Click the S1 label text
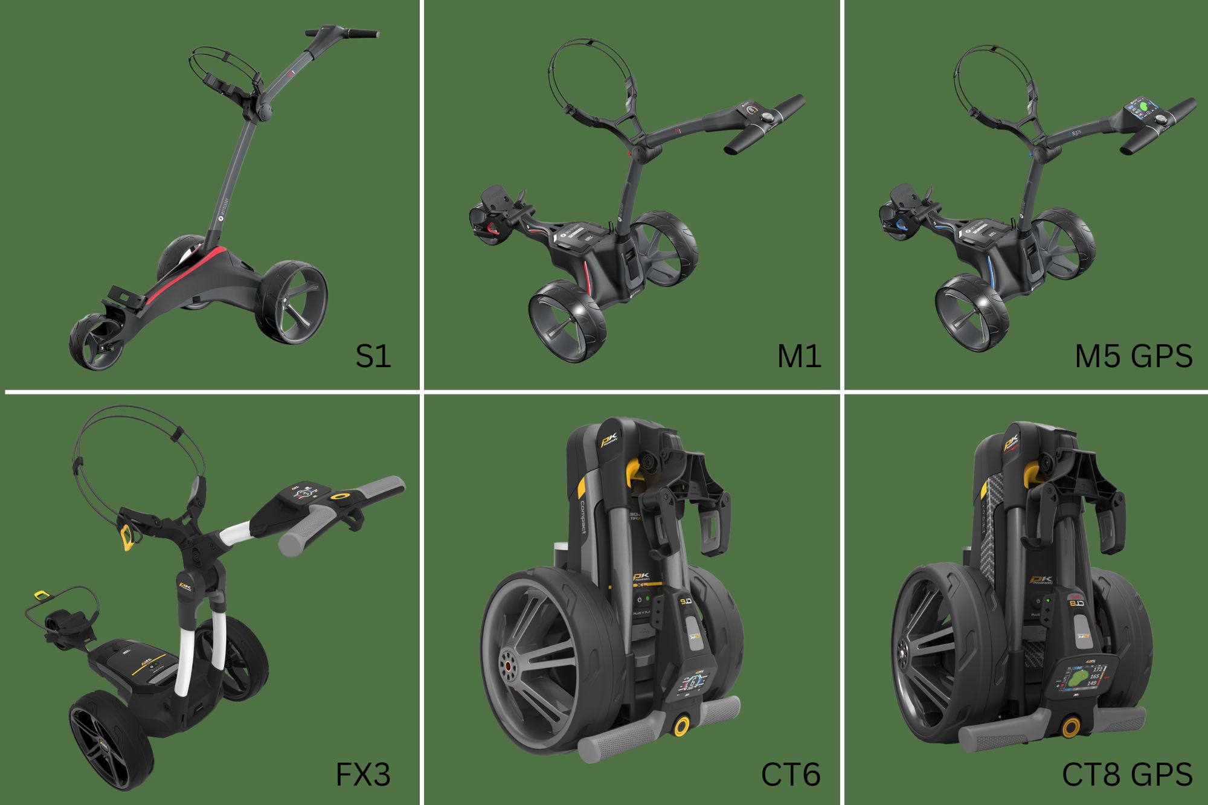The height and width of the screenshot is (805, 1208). click(373, 356)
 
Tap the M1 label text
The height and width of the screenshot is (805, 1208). click(798, 357)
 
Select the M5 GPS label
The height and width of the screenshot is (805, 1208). click(1133, 356)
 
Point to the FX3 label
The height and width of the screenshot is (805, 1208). click(362, 774)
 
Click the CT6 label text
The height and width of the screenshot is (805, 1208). click(790, 774)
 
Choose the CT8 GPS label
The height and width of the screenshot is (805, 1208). click(1127, 774)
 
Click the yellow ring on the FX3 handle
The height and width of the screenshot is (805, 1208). click(342, 497)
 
